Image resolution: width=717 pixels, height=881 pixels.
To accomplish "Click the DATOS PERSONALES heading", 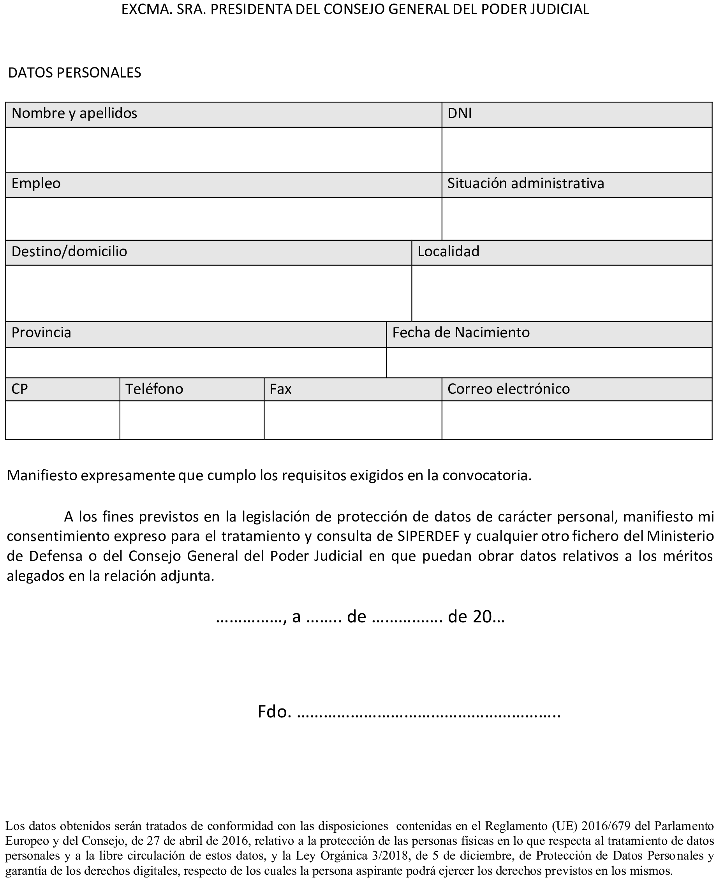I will click(75, 73).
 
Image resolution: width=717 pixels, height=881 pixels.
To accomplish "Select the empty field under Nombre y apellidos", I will click(224, 150).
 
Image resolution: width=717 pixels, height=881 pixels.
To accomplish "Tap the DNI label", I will click(459, 113).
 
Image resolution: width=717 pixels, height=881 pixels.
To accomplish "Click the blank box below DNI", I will click(576, 150).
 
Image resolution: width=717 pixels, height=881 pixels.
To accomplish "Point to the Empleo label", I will click(36, 183).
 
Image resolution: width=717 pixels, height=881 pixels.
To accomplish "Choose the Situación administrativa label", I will click(525, 183).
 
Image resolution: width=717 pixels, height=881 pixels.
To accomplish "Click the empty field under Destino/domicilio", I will click(209, 293).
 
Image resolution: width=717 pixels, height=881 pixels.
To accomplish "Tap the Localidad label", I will click(448, 252).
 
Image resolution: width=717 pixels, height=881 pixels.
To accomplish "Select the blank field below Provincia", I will click(196, 362).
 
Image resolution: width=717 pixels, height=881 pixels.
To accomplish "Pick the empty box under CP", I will click(62, 419).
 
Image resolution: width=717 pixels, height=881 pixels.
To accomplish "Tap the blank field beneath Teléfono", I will click(192, 419).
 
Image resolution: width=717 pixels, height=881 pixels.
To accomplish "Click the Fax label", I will click(280, 389).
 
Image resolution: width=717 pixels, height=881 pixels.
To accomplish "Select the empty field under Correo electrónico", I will click(576, 419).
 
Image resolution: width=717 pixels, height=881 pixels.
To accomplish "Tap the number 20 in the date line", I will click(482, 617).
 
